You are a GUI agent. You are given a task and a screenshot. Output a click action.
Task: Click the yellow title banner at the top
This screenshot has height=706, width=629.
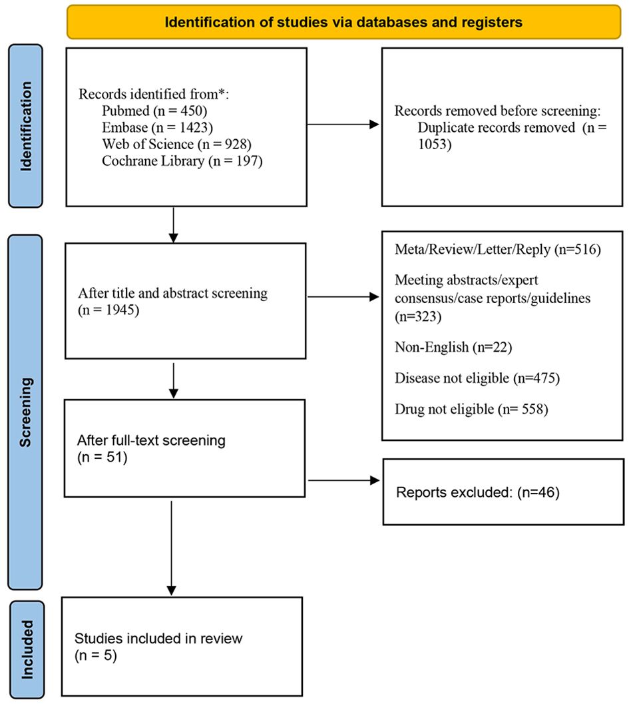click(x=343, y=22)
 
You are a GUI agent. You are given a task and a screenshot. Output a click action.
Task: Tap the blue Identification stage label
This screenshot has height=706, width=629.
click(x=26, y=126)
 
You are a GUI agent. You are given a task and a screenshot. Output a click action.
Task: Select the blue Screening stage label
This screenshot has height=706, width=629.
click(x=26, y=412)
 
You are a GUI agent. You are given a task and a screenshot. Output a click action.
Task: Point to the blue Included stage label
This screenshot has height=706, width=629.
click(x=27, y=649)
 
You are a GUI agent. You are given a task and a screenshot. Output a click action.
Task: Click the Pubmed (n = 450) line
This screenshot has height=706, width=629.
click(x=154, y=111)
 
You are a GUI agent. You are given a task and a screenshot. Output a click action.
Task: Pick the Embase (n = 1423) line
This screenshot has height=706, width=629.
click(x=158, y=127)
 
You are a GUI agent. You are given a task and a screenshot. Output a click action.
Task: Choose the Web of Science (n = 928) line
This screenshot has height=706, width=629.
click(x=176, y=144)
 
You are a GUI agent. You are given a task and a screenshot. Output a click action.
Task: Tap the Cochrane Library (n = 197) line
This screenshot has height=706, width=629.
click(x=182, y=161)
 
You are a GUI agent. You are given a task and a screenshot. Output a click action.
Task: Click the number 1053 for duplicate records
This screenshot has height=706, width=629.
click(x=435, y=144)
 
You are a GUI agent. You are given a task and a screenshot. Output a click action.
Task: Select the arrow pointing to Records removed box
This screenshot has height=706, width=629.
click(x=343, y=125)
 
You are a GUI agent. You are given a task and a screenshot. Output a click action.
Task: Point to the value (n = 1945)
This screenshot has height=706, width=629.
click(x=108, y=310)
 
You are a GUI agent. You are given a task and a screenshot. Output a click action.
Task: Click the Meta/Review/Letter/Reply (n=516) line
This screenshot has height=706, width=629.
click(x=498, y=250)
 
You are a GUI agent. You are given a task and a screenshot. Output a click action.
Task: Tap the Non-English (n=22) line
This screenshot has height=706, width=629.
click(x=453, y=347)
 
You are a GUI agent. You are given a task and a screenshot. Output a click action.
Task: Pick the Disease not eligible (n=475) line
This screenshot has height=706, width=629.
click(x=477, y=378)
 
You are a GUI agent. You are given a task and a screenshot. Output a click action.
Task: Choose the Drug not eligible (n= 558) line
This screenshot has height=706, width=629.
click(x=471, y=410)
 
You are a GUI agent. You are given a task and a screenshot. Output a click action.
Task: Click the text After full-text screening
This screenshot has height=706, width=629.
click(x=151, y=440)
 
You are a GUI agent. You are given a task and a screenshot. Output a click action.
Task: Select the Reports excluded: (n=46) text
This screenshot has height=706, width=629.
click(x=478, y=492)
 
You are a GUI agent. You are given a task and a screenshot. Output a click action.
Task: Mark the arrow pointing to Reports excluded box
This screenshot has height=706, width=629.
click(x=343, y=480)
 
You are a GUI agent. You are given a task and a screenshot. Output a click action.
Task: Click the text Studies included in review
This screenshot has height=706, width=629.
click(x=158, y=639)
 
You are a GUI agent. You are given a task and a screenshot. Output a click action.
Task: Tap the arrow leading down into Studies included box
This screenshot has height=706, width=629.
click(x=172, y=548)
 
